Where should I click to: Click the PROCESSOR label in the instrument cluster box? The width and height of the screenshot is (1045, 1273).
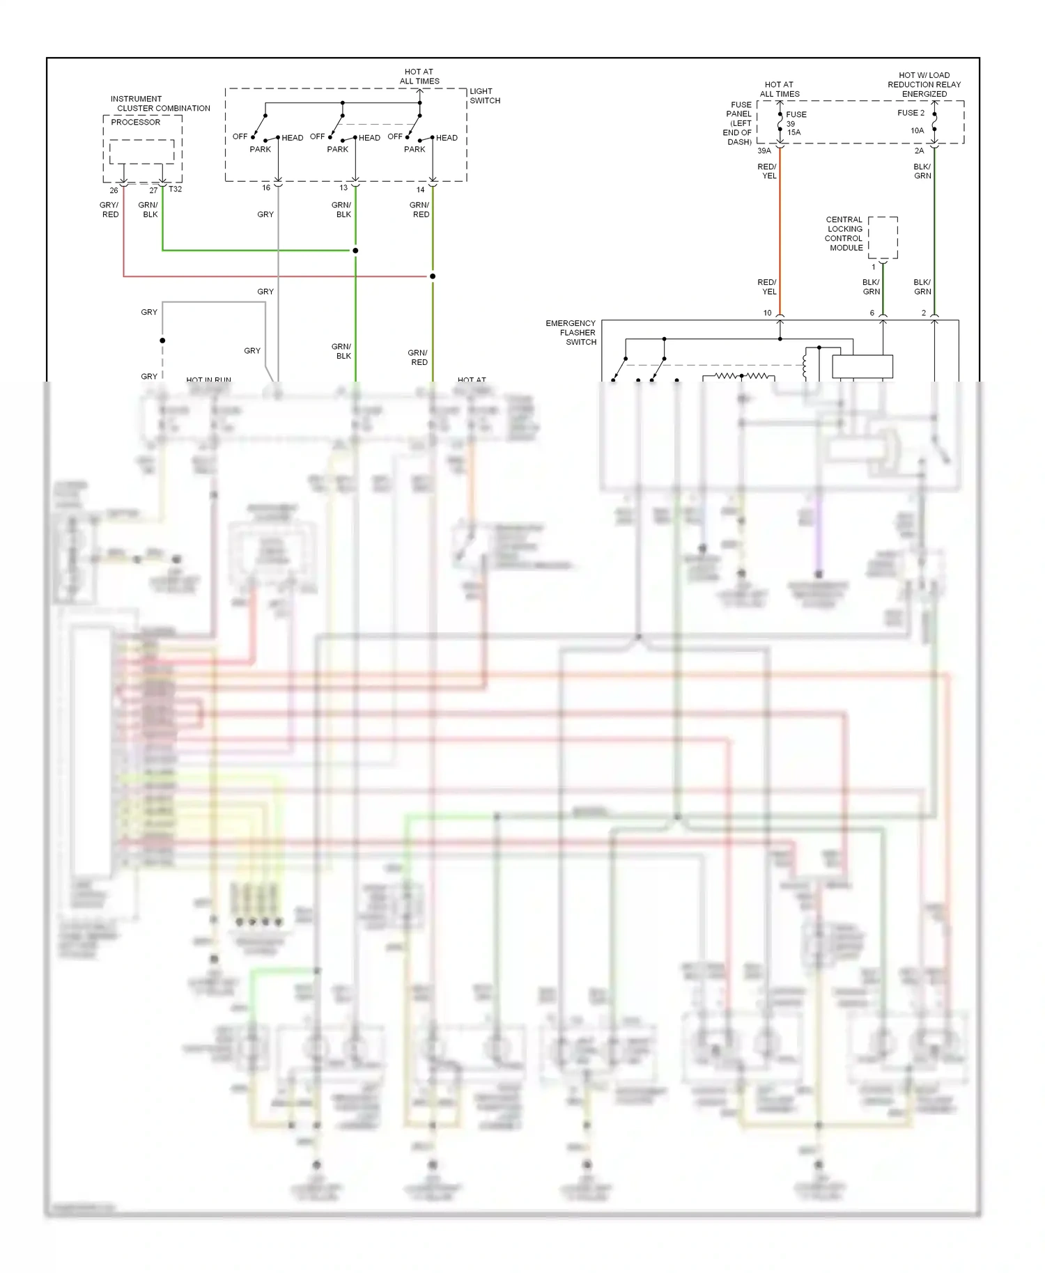click(135, 122)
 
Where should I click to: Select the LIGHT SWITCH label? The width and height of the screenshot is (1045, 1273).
click(485, 96)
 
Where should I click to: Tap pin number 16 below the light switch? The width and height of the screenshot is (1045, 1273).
click(266, 188)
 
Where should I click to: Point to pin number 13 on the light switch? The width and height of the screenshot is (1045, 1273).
click(343, 188)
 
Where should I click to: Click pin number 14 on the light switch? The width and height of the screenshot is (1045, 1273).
click(420, 189)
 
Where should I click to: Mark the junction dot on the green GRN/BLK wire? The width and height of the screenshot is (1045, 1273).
click(355, 251)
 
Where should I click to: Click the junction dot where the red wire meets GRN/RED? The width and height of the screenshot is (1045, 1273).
click(433, 276)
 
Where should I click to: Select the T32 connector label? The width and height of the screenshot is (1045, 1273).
click(175, 189)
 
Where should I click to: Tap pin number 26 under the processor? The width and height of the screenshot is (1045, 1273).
click(114, 190)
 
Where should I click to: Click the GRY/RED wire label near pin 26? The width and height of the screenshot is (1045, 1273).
click(110, 210)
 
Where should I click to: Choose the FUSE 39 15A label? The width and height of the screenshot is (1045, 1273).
click(795, 123)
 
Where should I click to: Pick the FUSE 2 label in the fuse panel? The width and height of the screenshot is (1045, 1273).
click(911, 113)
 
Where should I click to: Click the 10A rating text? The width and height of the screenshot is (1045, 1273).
click(917, 131)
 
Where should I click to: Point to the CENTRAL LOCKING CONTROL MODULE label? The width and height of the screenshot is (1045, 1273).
click(844, 234)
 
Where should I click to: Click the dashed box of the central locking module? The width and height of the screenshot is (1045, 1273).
click(883, 237)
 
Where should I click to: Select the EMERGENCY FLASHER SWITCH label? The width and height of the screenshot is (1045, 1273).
click(571, 333)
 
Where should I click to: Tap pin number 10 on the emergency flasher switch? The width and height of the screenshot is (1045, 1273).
click(767, 313)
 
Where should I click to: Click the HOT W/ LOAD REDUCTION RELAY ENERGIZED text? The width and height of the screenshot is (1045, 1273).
click(924, 84)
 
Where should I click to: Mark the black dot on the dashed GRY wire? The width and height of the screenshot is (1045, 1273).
click(162, 341)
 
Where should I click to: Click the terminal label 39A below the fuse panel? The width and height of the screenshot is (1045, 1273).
click(764, 151)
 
